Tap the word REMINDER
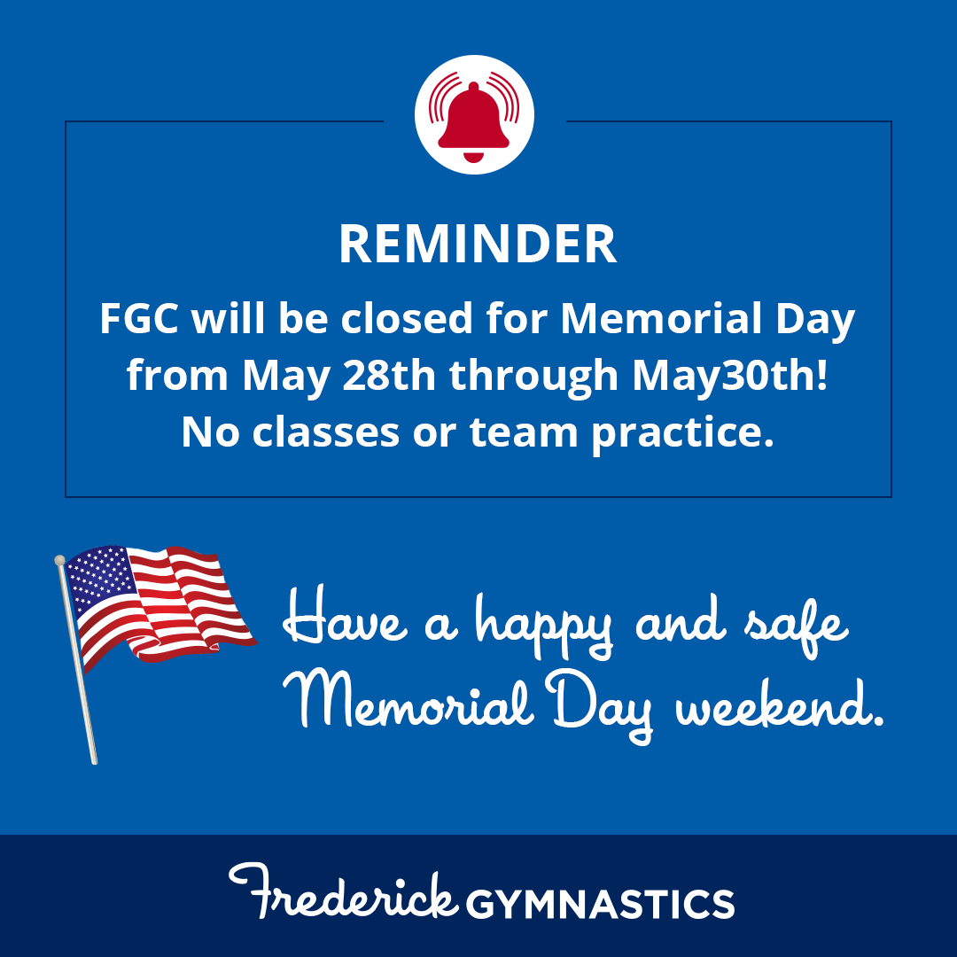(x=478, y=245)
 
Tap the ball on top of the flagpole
(x=59, y=560)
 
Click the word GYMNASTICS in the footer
(x=600, y=904)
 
